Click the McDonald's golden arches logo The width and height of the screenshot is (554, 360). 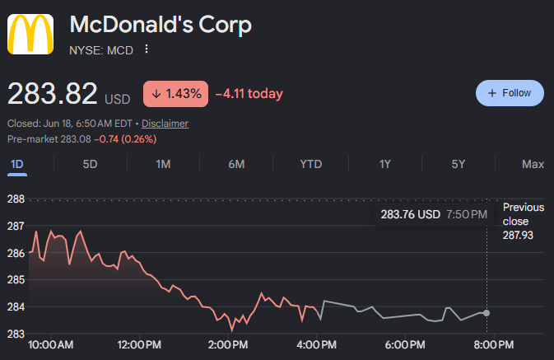click(x=30, y=34)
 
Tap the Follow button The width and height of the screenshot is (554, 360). click(x=510, y=93)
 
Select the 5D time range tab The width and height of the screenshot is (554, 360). click(x=90, y=164)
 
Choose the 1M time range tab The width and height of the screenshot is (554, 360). click(x=163, y=164)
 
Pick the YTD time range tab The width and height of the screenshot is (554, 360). click(x=311, y=164)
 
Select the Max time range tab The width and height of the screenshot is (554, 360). click(x=533, y=164)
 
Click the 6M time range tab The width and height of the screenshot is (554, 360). click(x=236, y=164)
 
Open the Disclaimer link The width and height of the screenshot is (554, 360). click(x=165, y=124)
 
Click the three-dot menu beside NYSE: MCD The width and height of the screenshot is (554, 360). click(x=147, y=49)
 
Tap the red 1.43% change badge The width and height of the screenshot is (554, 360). click(x=175, y=94)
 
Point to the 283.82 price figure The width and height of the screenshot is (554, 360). click(x=53, y=93)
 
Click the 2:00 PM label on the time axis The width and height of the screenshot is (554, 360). click(x=228, y=345)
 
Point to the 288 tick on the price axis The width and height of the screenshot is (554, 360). click(x=16, y=199)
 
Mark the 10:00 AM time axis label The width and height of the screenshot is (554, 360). click(x=50, y=345)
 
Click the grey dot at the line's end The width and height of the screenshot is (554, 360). click(x=486, y=313)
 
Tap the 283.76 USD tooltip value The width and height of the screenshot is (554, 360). click(x=411, y=214)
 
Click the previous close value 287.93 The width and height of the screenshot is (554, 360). click(x=518, y=235)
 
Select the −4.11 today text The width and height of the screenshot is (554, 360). click(x=249, y=94)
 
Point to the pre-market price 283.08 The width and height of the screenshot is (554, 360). click(x=76, y=139)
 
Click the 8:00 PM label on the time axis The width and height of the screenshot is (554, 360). click(x=494, y=345)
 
